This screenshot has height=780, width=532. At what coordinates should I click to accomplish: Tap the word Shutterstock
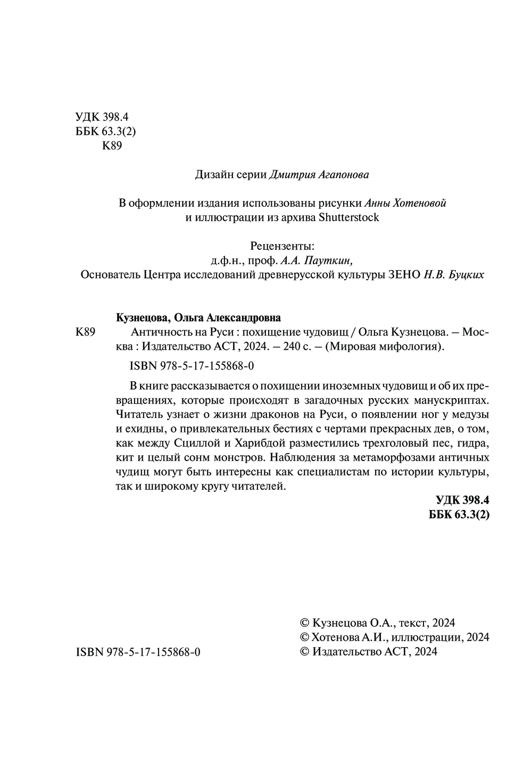[x=349, y=217]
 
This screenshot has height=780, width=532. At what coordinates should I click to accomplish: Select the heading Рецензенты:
[x=282, y=246]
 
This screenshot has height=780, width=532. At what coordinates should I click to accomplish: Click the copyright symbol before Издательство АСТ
[x=305, y=652]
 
